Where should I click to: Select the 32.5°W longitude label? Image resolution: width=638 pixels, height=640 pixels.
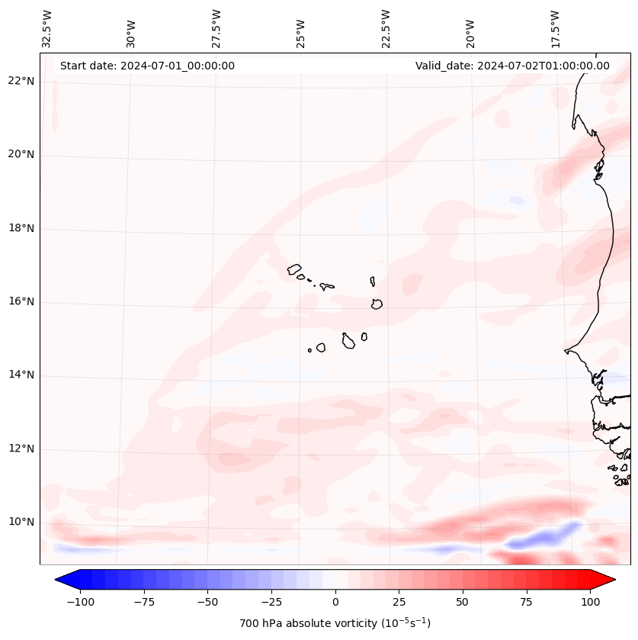coord(46,28)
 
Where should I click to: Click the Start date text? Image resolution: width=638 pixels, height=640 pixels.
coord(147,66)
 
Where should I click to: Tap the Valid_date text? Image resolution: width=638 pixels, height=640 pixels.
coord(512,66)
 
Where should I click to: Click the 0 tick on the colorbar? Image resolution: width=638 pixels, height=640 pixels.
coord(335,602)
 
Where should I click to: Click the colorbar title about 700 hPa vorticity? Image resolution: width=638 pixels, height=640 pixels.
coord(335,623)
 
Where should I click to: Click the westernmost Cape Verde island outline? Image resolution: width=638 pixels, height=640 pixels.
coord(294,269)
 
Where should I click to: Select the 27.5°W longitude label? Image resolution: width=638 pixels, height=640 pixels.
coord(216,28)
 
